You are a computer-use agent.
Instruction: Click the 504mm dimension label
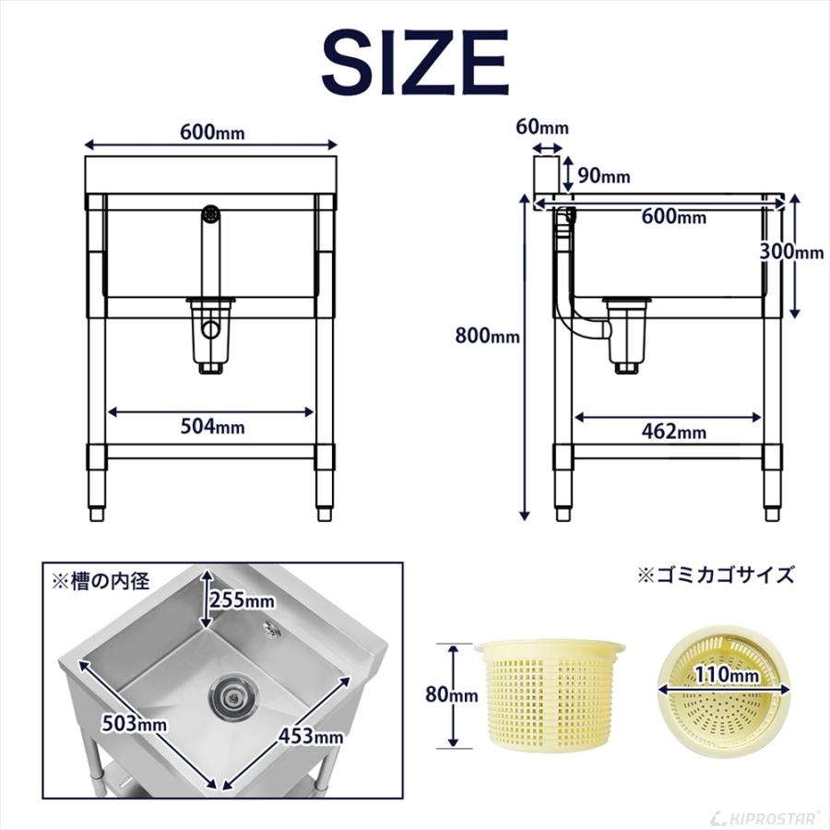tap(212, 426)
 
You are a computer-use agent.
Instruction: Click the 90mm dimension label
tap(602, 176)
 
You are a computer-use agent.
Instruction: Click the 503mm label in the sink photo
tap(136, 723)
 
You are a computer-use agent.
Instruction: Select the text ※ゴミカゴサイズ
tap(716, 575)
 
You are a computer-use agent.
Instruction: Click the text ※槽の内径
tap(99, 581)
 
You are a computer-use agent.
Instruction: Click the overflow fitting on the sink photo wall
tap(270, 629)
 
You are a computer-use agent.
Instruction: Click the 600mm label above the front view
tap(212, 132)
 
